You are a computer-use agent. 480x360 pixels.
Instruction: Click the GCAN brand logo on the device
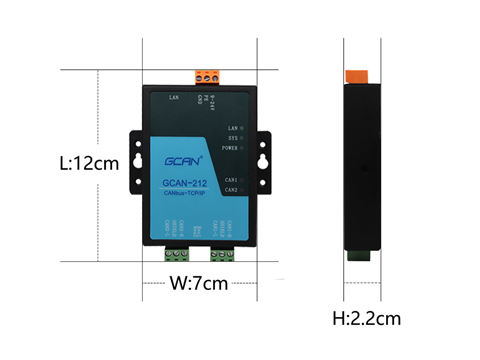pos(184,158)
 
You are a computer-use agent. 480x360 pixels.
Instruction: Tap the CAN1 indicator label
pos(230,179)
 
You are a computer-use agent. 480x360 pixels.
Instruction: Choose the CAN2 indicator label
pos(230,188)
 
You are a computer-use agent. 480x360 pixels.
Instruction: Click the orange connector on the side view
pos(355,76)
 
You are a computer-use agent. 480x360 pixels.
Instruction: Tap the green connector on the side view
pos(357,254)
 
